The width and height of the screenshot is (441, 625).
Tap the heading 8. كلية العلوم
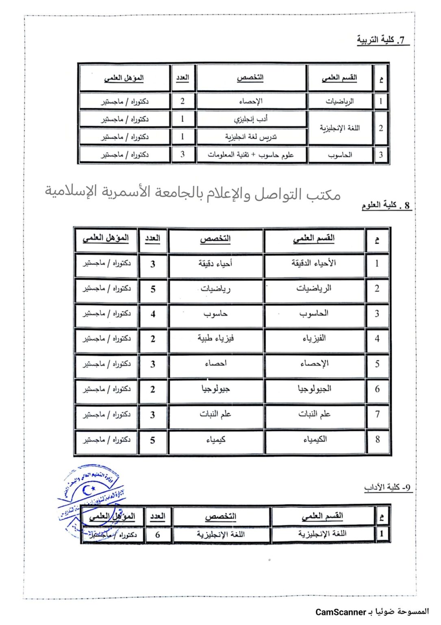pyautogui.click(x=386, y=205)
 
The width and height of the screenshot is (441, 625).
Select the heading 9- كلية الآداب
pyautogui.click(x=387, y=487)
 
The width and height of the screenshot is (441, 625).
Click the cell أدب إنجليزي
pyautogui.click(x=251, y=119)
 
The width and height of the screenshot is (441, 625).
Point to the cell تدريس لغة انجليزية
pyautogui.click(x=251, y=137)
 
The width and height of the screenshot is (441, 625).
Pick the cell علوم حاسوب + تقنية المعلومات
pyautogui.click(x=251, y=155)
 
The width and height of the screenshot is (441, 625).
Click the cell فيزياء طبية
pyautogui.click(x=215, y=338)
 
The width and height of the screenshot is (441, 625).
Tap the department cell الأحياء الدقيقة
pyautogui.click(x=314, y=263)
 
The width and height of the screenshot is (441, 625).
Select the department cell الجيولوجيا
pyautogui.click(x=314, y=389)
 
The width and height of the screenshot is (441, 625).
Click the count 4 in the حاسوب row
pyautogui.click(x=153, y=314)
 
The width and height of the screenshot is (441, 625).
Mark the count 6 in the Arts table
pyautogui.click(x=158, y=534)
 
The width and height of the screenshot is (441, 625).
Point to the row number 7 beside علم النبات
pyautogui.click(x=377, y=414)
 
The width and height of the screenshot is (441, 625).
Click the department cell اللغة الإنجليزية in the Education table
pyautogui.click(x=340, y=128)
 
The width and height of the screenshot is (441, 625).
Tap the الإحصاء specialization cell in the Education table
pyautogui.click(x=251, y=101)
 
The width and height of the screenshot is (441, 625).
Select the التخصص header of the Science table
pyautogui.click(x=215, y=239)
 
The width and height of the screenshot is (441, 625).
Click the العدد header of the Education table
pyautogui.click(x=182, y=78)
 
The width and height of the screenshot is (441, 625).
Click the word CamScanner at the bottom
pyautogui.click(x=341, y=612)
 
